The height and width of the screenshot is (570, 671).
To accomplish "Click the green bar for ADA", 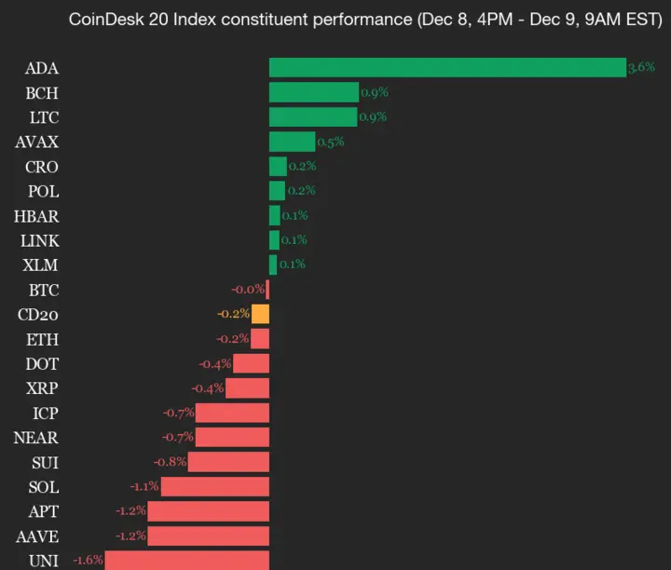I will [447, 68].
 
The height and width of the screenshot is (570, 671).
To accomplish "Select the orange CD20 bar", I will [260, 314].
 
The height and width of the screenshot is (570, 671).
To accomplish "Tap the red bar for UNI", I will [186, 561].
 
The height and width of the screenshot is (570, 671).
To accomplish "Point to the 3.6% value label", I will [641, 67].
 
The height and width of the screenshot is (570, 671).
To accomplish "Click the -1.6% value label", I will [87, 561].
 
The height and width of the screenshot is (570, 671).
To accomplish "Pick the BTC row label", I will [43, 290].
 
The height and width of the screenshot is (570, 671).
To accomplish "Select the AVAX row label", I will [36, 142].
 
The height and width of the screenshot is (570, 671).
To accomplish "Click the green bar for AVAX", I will [292, 142].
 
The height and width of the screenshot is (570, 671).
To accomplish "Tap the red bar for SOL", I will [214, 486].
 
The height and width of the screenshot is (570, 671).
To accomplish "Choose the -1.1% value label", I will [144, 486].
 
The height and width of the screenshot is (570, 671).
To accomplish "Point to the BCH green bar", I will [313, 92].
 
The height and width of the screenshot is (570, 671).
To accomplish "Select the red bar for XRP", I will [247, 387].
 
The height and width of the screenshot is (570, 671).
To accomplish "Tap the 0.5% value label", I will [331, 142].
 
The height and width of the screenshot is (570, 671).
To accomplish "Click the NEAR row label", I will [36, 437].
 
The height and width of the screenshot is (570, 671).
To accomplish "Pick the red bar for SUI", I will [228, 462].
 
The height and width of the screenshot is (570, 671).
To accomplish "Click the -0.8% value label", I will [171, 462].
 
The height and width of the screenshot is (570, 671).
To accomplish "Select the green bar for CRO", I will [278, 167].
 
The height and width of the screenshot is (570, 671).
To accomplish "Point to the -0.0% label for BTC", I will [248, 290].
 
